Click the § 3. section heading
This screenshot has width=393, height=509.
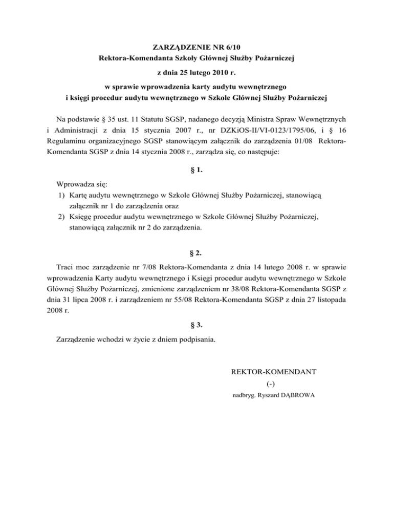pos(197,324)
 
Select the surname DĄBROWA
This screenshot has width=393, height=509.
pos(296,395)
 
